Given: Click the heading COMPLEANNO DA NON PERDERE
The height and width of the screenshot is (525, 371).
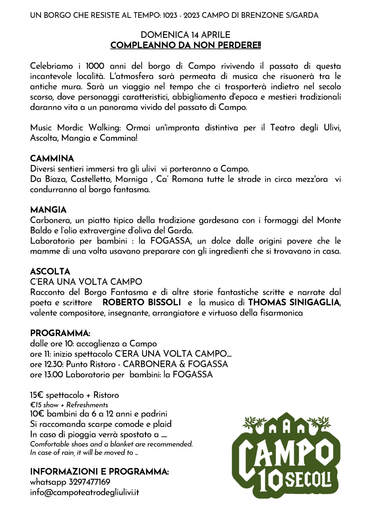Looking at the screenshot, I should tap(185, 45).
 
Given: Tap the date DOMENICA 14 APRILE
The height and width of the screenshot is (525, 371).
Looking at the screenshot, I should tap(185, 35).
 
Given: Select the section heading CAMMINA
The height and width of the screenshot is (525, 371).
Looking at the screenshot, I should tap(52, 159).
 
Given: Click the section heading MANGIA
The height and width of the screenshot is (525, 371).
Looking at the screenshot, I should tap(48, 210).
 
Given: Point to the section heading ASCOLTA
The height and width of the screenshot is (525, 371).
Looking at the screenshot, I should tap(50, 272).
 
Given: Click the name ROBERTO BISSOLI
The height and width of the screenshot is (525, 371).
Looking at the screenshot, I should tap(142, 302).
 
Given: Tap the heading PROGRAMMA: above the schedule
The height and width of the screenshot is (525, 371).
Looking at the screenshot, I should tap(60, 333).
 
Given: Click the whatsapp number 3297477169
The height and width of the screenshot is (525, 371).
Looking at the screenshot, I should tap(90, 482).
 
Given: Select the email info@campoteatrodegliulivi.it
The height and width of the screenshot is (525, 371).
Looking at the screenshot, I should tap(85, 493).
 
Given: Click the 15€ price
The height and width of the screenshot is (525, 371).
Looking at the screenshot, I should tap(36, 395).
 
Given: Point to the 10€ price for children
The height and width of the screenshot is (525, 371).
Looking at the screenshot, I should tap(37, 414).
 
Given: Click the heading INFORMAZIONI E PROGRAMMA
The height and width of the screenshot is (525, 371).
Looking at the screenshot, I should tap(99, 472).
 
